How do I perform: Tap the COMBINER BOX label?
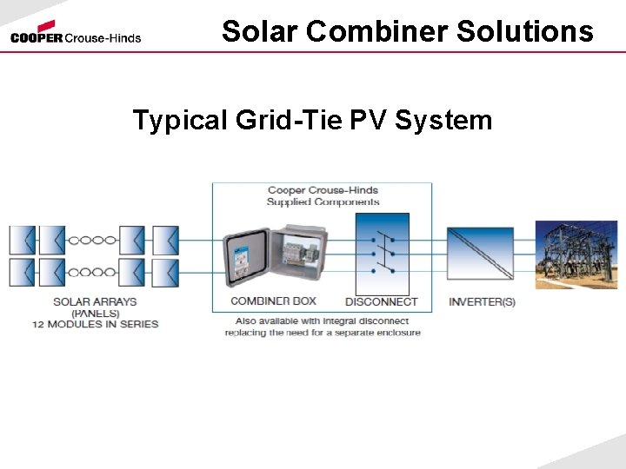(x=273, y=301)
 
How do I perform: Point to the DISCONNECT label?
(x=382, y=302)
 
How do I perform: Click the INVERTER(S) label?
(x=482, y=302)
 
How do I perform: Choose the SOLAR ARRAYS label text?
(x=95, y=302)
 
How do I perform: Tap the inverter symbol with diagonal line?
(x=480, y=254)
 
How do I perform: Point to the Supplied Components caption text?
(x=323, y=202)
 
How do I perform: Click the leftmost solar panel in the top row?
(x=22, y=240)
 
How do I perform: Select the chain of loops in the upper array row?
(x=92, y=240)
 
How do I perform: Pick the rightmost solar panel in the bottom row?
(x=165, y=272)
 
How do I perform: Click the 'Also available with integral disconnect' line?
(x=323, y=320)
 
